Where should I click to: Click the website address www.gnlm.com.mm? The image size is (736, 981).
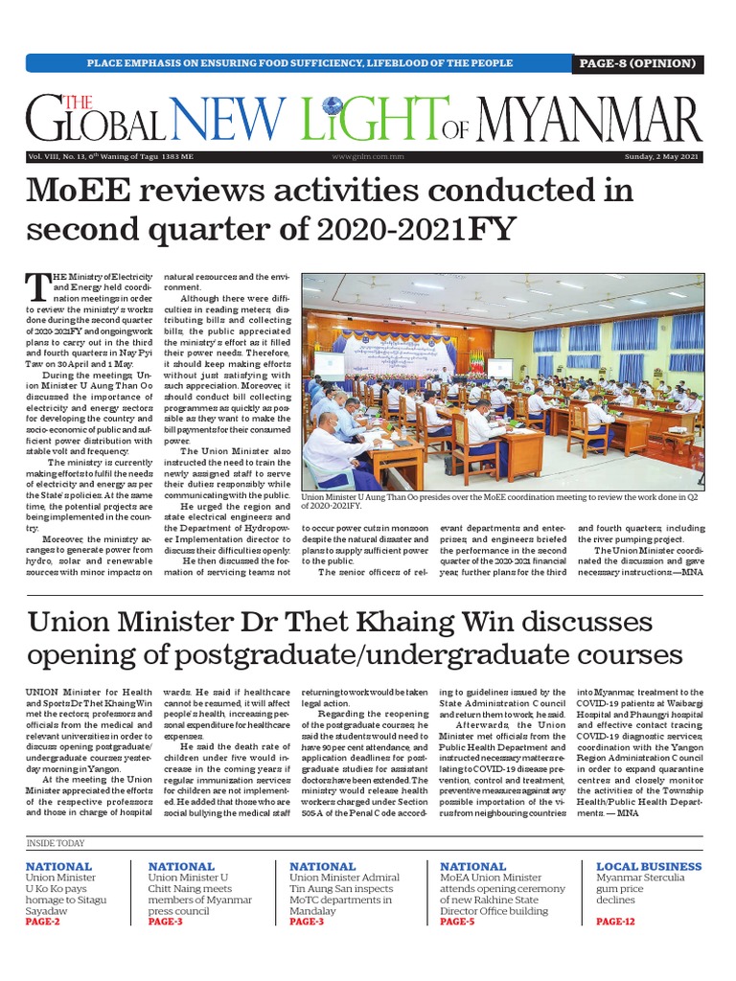pos(367,156)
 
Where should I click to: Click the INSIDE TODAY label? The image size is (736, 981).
pos(56,843)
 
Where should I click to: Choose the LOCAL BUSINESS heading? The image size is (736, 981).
pos(650,866)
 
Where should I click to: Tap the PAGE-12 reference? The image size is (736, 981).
pos(615,922)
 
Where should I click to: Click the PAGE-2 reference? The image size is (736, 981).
pos(43,922)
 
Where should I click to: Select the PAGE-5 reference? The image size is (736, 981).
pos(457,922)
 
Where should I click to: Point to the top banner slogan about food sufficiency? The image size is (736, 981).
pos(300,63)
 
